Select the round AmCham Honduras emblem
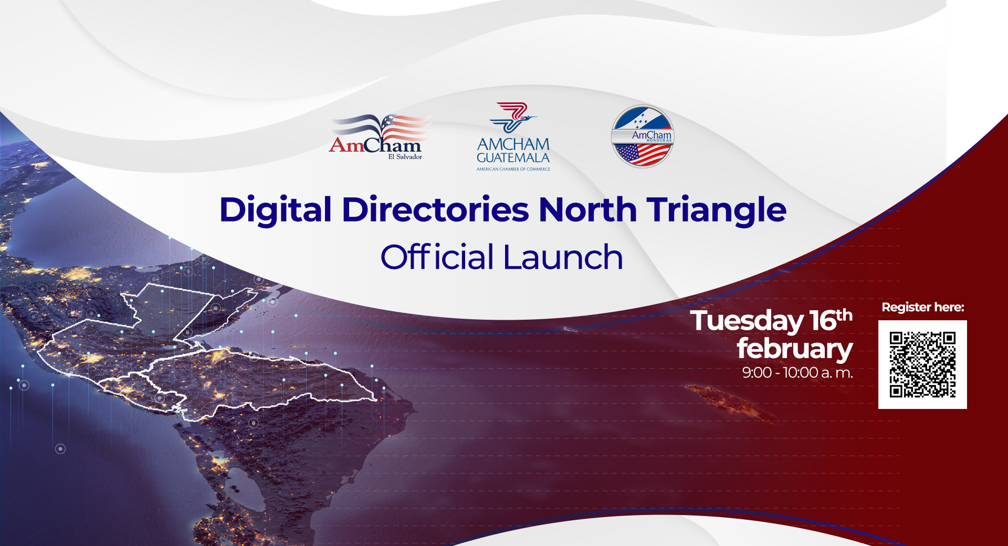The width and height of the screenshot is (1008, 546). click(x=642, y=136)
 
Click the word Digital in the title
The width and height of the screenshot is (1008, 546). click(x=276, y=211)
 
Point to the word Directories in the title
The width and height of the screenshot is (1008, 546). click(x=435, y=209)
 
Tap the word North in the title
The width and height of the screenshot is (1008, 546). click(x=587, y=209)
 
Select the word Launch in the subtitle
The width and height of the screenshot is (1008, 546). click(x=563, y=257)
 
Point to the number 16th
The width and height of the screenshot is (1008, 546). click(x=831, y=320)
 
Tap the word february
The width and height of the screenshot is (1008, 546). click(x=795, y=349)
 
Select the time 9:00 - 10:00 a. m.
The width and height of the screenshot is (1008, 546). click(x=797, y=373)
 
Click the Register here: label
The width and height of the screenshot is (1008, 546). click(x=923, y=307)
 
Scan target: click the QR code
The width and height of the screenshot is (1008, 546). click(x=922, y=364)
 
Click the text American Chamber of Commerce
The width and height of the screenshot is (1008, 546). click(x=513, y=169)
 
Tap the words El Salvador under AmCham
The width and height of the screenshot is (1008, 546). click(x=405, y=156)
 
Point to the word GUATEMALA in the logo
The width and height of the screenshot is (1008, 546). click(x=513, y=157)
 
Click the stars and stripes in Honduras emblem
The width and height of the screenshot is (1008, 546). click(x=643, y=154)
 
